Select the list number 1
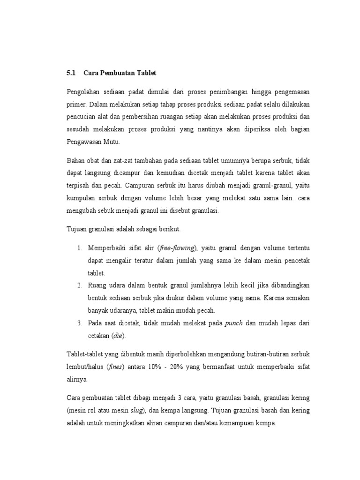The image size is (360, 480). [x=80, y=247]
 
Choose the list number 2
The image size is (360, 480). [x=80, y=285]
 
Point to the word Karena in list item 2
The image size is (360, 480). [x=277, y=298]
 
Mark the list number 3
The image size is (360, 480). [x=80, y=323]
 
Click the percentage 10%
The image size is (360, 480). [x=160, y=366]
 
